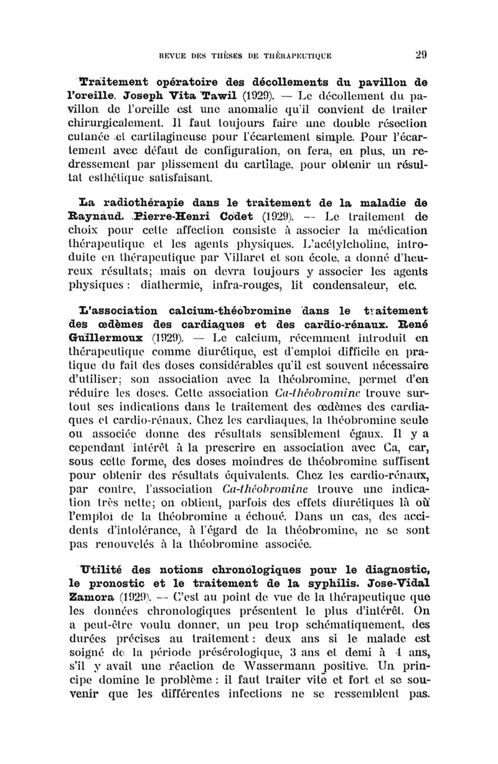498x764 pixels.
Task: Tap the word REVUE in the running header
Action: click(177, 55)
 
